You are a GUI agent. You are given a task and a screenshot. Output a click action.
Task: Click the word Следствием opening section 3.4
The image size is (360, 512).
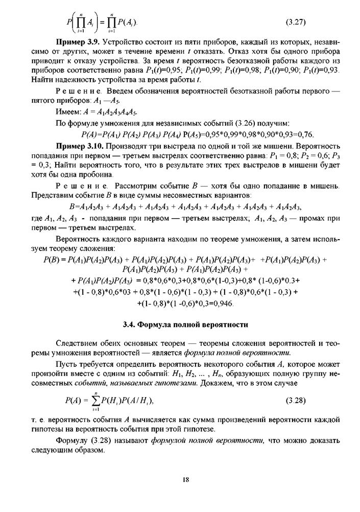(x=77, y=343)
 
